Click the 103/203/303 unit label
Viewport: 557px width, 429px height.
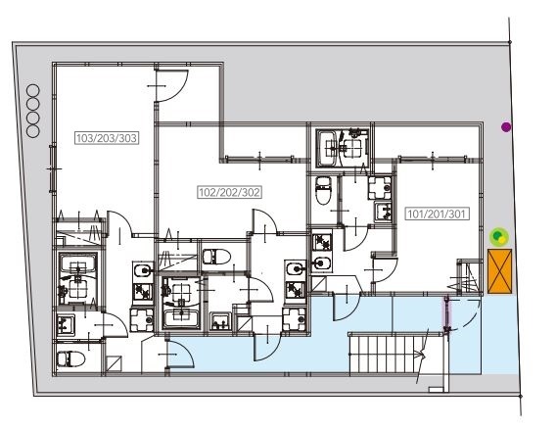tap(107, 138)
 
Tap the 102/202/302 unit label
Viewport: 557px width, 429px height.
tap(229, 192)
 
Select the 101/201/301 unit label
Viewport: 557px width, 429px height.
tap(437, 214)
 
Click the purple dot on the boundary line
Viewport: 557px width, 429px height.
tap(506, 127)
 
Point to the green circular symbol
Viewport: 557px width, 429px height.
tap(499, 237)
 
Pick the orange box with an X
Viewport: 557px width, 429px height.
tap(500, 271)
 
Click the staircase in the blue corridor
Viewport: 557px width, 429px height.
tap(389, 354)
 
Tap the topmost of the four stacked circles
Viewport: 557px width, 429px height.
tap(33, 90)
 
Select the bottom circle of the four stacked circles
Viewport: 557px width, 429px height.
tap(33, 131)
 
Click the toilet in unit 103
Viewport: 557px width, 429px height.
tap(70, 359)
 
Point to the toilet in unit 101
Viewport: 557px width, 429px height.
tap(323, 190)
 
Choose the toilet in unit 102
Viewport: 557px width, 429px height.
tap(216, 257)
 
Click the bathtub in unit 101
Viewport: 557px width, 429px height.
tap(328, 149)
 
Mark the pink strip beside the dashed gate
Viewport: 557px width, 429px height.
tap(445, 314)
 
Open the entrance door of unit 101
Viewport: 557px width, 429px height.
tap(347, 307)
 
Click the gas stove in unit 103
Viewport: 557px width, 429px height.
tap(143, 292)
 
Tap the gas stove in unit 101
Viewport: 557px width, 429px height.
tap(322, 242)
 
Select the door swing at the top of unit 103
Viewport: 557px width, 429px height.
tap(172, 85)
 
